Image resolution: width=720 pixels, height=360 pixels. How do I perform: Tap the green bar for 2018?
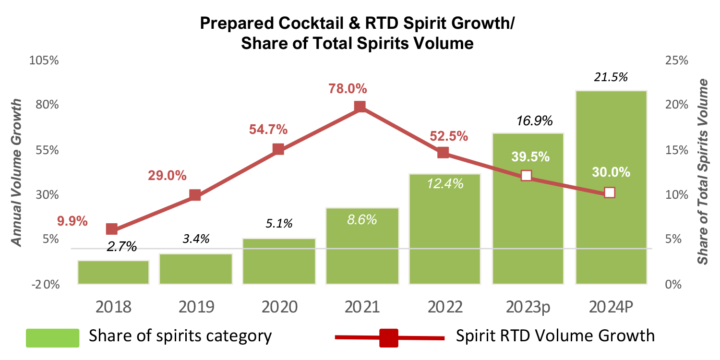coord(113,272)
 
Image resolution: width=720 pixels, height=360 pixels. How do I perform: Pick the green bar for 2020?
coord(279,262)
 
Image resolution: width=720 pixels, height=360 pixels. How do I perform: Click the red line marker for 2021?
coord(360,107)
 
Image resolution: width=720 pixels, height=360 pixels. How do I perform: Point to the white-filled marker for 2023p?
coord(526,175)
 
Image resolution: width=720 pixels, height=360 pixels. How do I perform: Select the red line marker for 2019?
coord(195,195)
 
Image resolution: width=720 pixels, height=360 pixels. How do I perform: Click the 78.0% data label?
coord(348,89)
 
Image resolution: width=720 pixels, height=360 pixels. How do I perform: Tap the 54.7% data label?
coord(268,129)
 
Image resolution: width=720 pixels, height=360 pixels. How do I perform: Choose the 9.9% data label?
coord(72,221)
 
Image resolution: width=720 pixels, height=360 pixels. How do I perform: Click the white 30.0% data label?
coord(611,172)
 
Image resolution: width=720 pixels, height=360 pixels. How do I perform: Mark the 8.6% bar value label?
coord(362,220)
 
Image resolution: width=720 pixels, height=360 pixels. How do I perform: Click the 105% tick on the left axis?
coord(44,60)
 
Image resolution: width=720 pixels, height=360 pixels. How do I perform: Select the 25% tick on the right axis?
coord(676,60)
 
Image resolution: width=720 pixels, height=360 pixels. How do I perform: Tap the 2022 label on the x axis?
coord(444,307)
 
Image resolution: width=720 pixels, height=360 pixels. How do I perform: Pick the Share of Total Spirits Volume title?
coord(703,172)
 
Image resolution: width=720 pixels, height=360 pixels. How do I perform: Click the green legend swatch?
coord(52,337)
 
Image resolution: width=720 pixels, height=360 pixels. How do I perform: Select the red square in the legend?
coord(388,337)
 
